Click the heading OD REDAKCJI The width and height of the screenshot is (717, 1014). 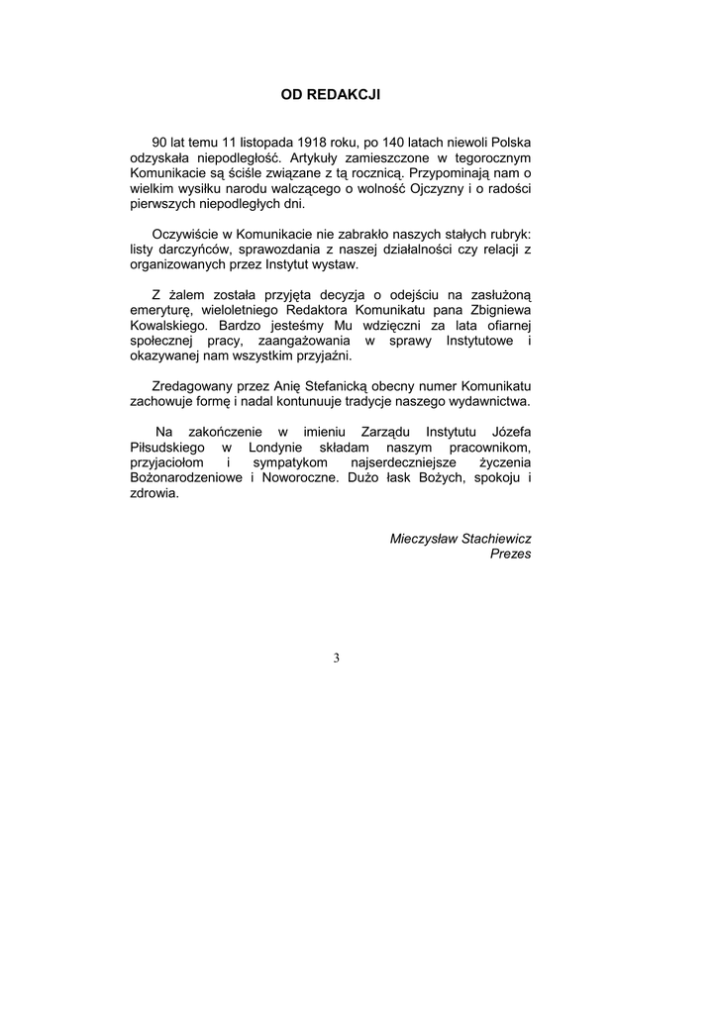331,95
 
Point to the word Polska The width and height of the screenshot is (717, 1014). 511,143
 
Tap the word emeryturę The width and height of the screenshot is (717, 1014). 165,309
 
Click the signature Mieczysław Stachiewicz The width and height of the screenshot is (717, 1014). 461,538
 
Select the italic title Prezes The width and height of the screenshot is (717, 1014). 510,554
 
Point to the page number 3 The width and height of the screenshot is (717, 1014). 337,658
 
